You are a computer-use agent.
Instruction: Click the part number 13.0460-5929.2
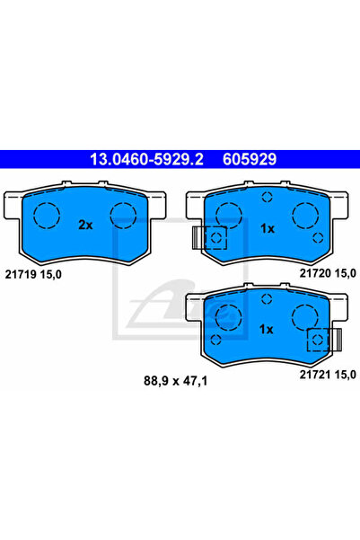146,159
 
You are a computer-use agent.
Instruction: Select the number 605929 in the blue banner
250,159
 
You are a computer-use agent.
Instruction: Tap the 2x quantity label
85,225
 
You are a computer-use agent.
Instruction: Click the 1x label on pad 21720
267,228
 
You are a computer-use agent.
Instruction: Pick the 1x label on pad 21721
266,330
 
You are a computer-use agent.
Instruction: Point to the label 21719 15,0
33,274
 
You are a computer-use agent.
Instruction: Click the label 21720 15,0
328,273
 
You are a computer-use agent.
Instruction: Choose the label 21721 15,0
328,375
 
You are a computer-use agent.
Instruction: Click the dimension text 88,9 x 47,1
176,381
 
